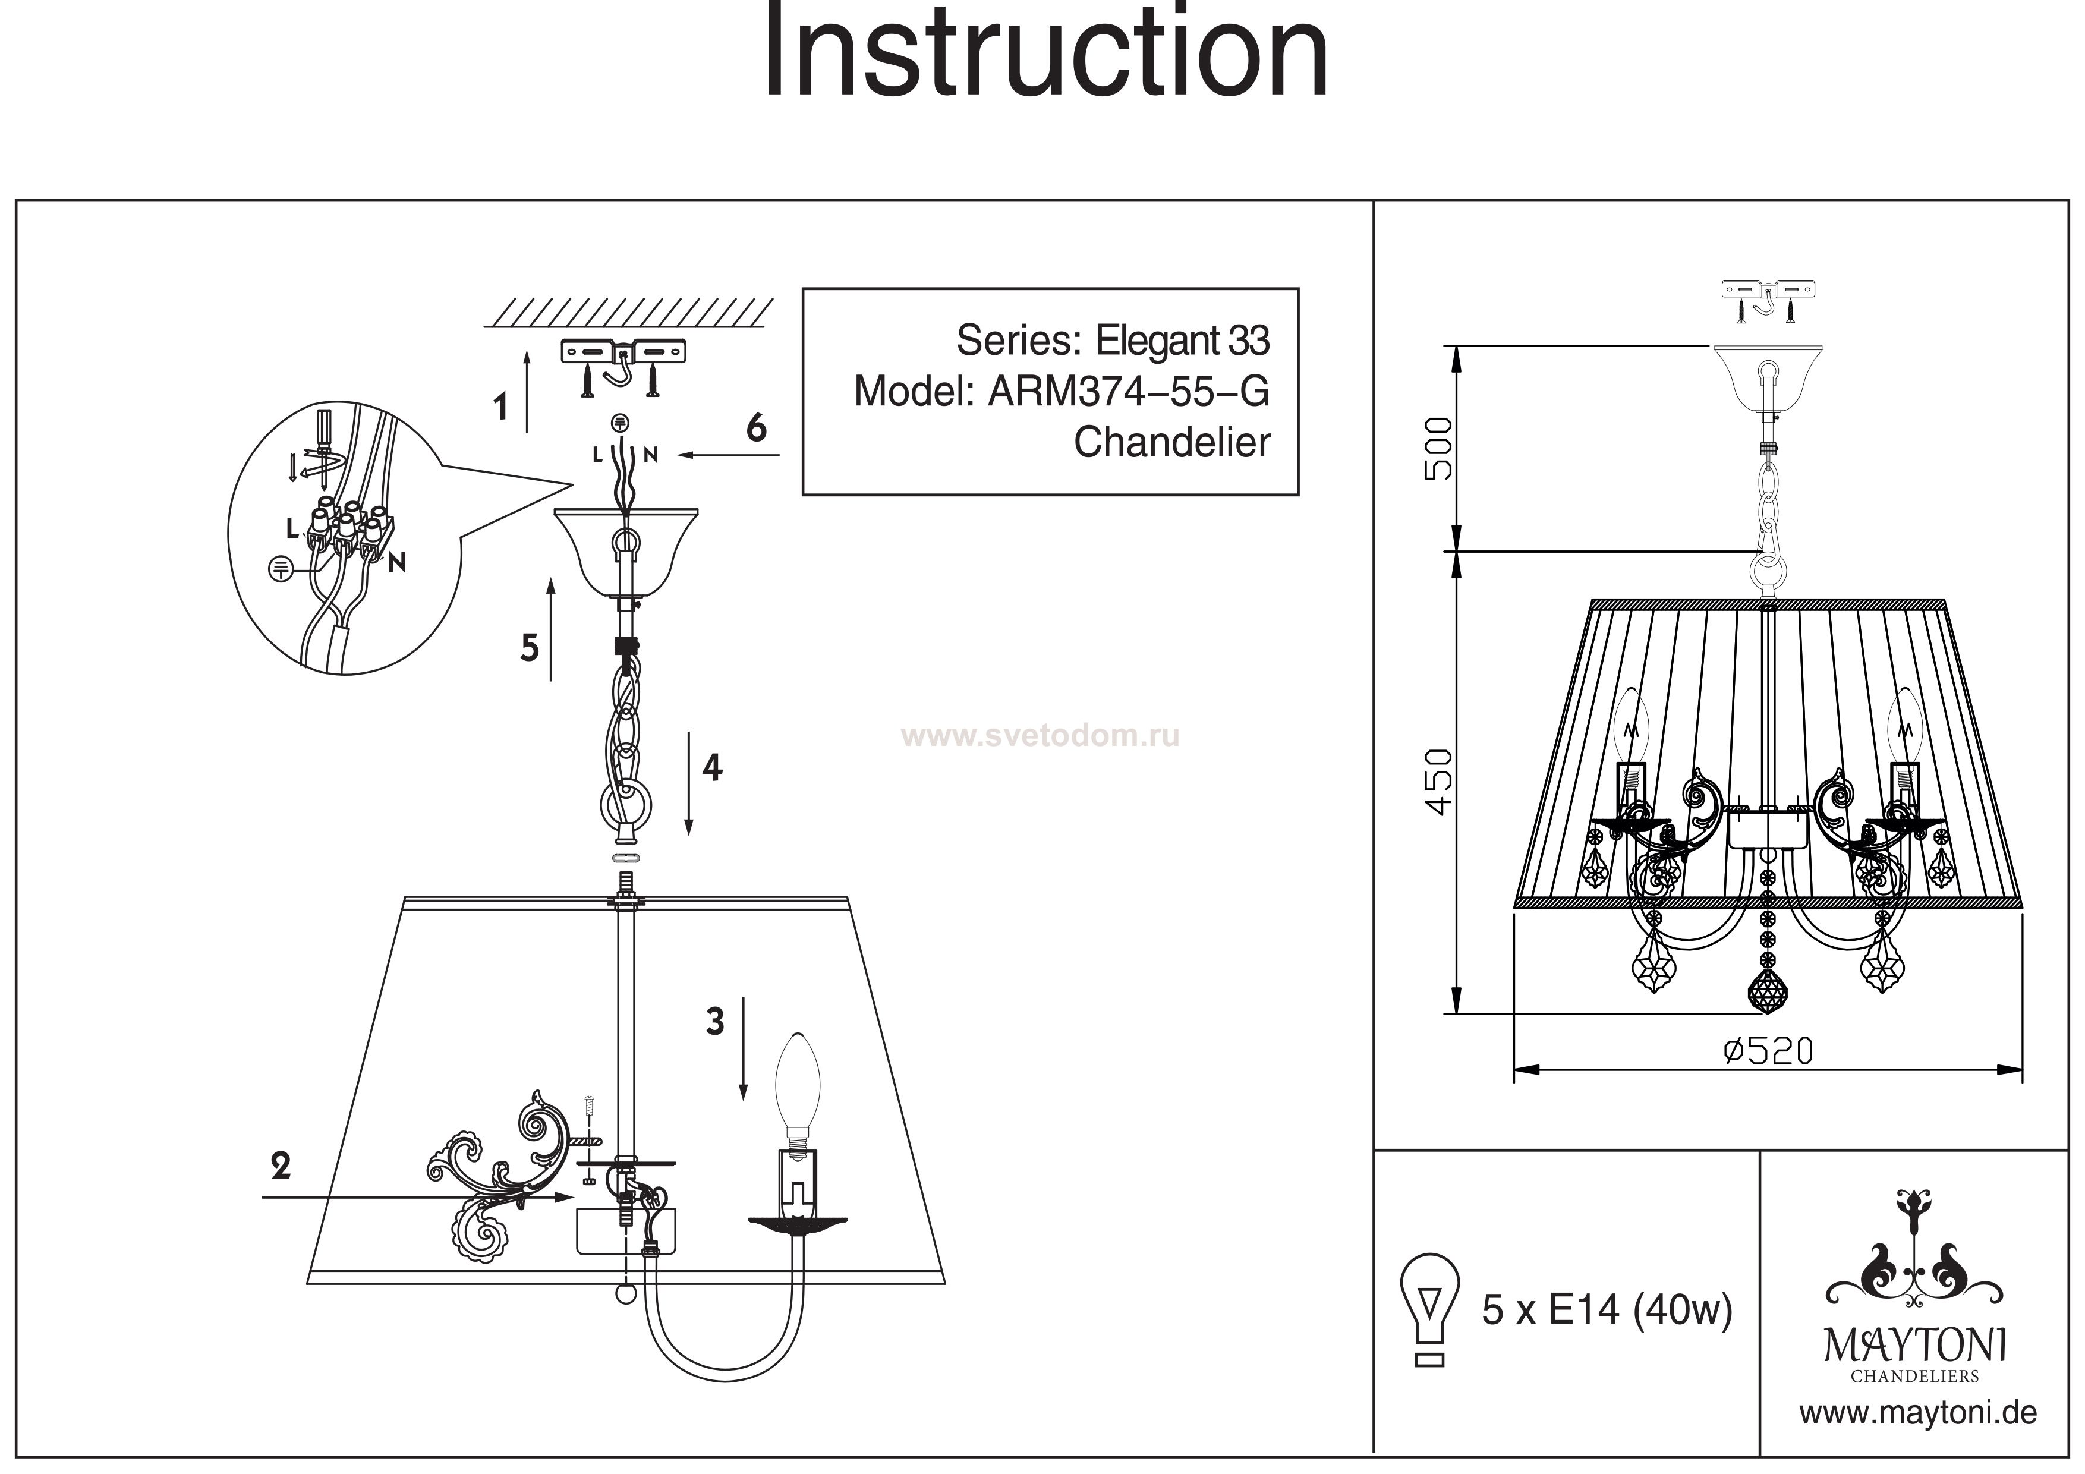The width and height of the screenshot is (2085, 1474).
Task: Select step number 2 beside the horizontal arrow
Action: click(x=281, y=1165)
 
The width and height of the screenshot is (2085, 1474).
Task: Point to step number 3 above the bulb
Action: click(x=716, y=1022)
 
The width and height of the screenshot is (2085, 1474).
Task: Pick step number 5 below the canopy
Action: click(x=530, y=647)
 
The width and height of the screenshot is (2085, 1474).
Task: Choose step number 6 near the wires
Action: click(x=755, y=428)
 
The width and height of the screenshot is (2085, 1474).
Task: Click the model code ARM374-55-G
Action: click(x=1128, y=392)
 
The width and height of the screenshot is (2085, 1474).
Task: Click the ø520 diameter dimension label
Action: click(x=1768, y=1051)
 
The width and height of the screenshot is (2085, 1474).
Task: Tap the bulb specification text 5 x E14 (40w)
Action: click(x=1607, y=1309)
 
